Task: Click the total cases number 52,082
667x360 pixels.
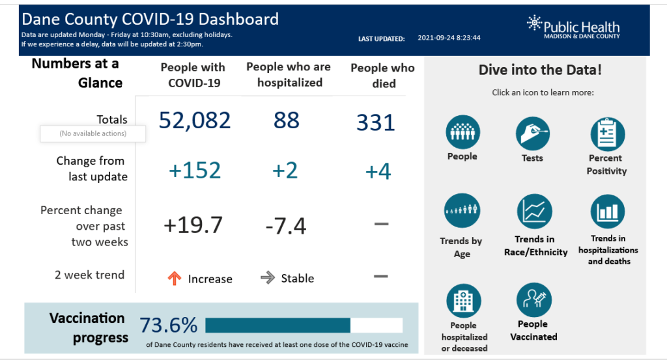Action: pyautogui.click(x=195, y=120)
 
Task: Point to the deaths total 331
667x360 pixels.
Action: pyautogui.click(x=376, y=122)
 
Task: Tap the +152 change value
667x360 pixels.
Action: pyautogui.click(x=195, y=171)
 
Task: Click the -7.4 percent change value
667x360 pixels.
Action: pyautogui.click(x=285, y=227)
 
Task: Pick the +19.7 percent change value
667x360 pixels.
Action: pyautogui.click(x=193, y=225)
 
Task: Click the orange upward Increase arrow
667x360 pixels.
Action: pyautogui.click(x=174, y=278)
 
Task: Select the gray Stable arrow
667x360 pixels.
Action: pyautogui.click(x=267, y=278)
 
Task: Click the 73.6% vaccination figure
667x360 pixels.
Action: pyautogui.click(x=168, y=325)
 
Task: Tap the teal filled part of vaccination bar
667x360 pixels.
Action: pyautogui.click(x=277, y=325)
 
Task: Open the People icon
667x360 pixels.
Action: pyautogui.click(x=462, y=132)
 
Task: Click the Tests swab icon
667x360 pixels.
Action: pyautogui.click(x=533, y=133)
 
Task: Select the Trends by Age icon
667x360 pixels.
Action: pyautogui.click(x=462, y=210)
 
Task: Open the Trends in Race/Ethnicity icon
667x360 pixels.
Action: pyautogui.click(x=535, y=212)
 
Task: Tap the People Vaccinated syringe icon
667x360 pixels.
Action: pyautogui.click(x=533, y=299)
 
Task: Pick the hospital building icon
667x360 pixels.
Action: pyautogui.click(x=463, y=301)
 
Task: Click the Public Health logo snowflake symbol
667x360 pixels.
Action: pyautogui.click(x=534, y=24)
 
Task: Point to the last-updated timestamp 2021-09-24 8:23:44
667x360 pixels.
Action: pyautogui.click(x=449, y=38)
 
